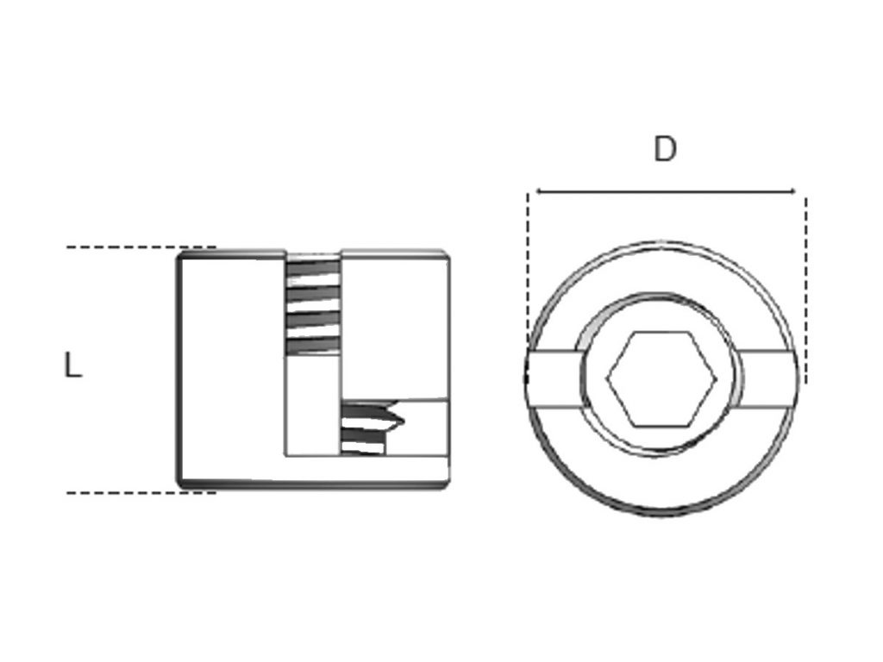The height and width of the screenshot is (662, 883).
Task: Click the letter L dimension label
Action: [x=73, y=366]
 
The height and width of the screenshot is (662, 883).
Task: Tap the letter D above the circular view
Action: [x=665, y=150]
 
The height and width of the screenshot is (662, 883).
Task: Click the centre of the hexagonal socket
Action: [x=662, y=378]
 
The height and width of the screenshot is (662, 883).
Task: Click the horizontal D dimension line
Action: [x=664, y=190]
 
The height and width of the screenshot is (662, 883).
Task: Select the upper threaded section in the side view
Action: [x=312, y=306]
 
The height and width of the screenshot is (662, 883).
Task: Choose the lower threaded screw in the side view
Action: [x=371, y=427]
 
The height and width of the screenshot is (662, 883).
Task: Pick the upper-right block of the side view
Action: [x=394, y=323]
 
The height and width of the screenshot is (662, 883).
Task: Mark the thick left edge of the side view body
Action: [x=179, y=371]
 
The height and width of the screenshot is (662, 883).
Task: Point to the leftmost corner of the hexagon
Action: [x=608, y=378]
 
